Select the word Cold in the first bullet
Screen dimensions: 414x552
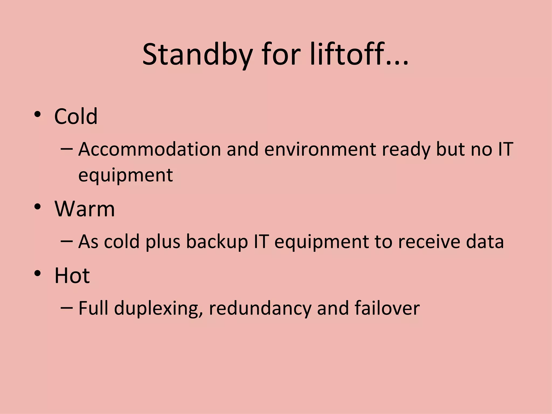point(76,116)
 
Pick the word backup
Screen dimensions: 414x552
point(217,242)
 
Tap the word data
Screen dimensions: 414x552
point(485,241)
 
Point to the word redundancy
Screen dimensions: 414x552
point(260,309)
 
